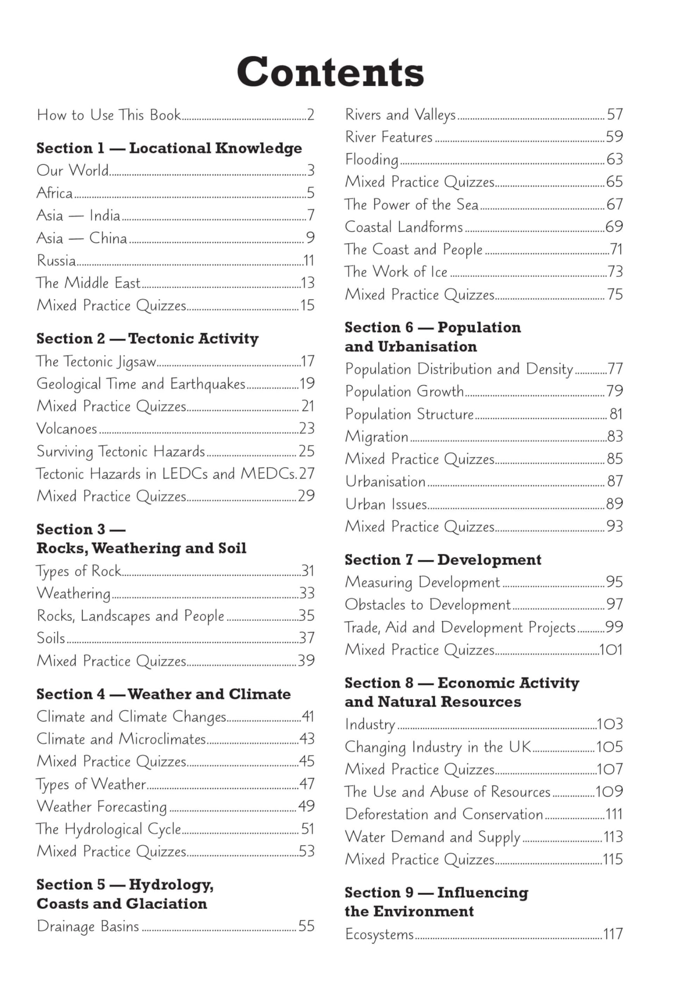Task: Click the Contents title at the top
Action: (x=331, y=72)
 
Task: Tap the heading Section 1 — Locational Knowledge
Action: (x=169, y=148)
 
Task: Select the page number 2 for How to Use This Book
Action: (x=310, y=115)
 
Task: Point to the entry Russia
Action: (x=57, y=260)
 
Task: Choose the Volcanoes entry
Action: (x=67, y=429)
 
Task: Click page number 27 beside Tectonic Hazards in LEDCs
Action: (x=306, y=474)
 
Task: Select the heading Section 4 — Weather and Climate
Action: (x=163, y=694)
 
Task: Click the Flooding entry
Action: (x=372, y=159)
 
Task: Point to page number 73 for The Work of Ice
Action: (x=615, y=272)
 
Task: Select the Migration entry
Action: (x=377, y=436)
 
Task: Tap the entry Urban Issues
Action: (x=386, y=504)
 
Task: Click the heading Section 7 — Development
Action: (x=443, y=560)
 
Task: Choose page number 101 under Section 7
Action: (x=611, y=650)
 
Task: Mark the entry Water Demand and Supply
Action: (x=432, y=837)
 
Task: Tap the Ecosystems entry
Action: (x=379, y=934)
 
